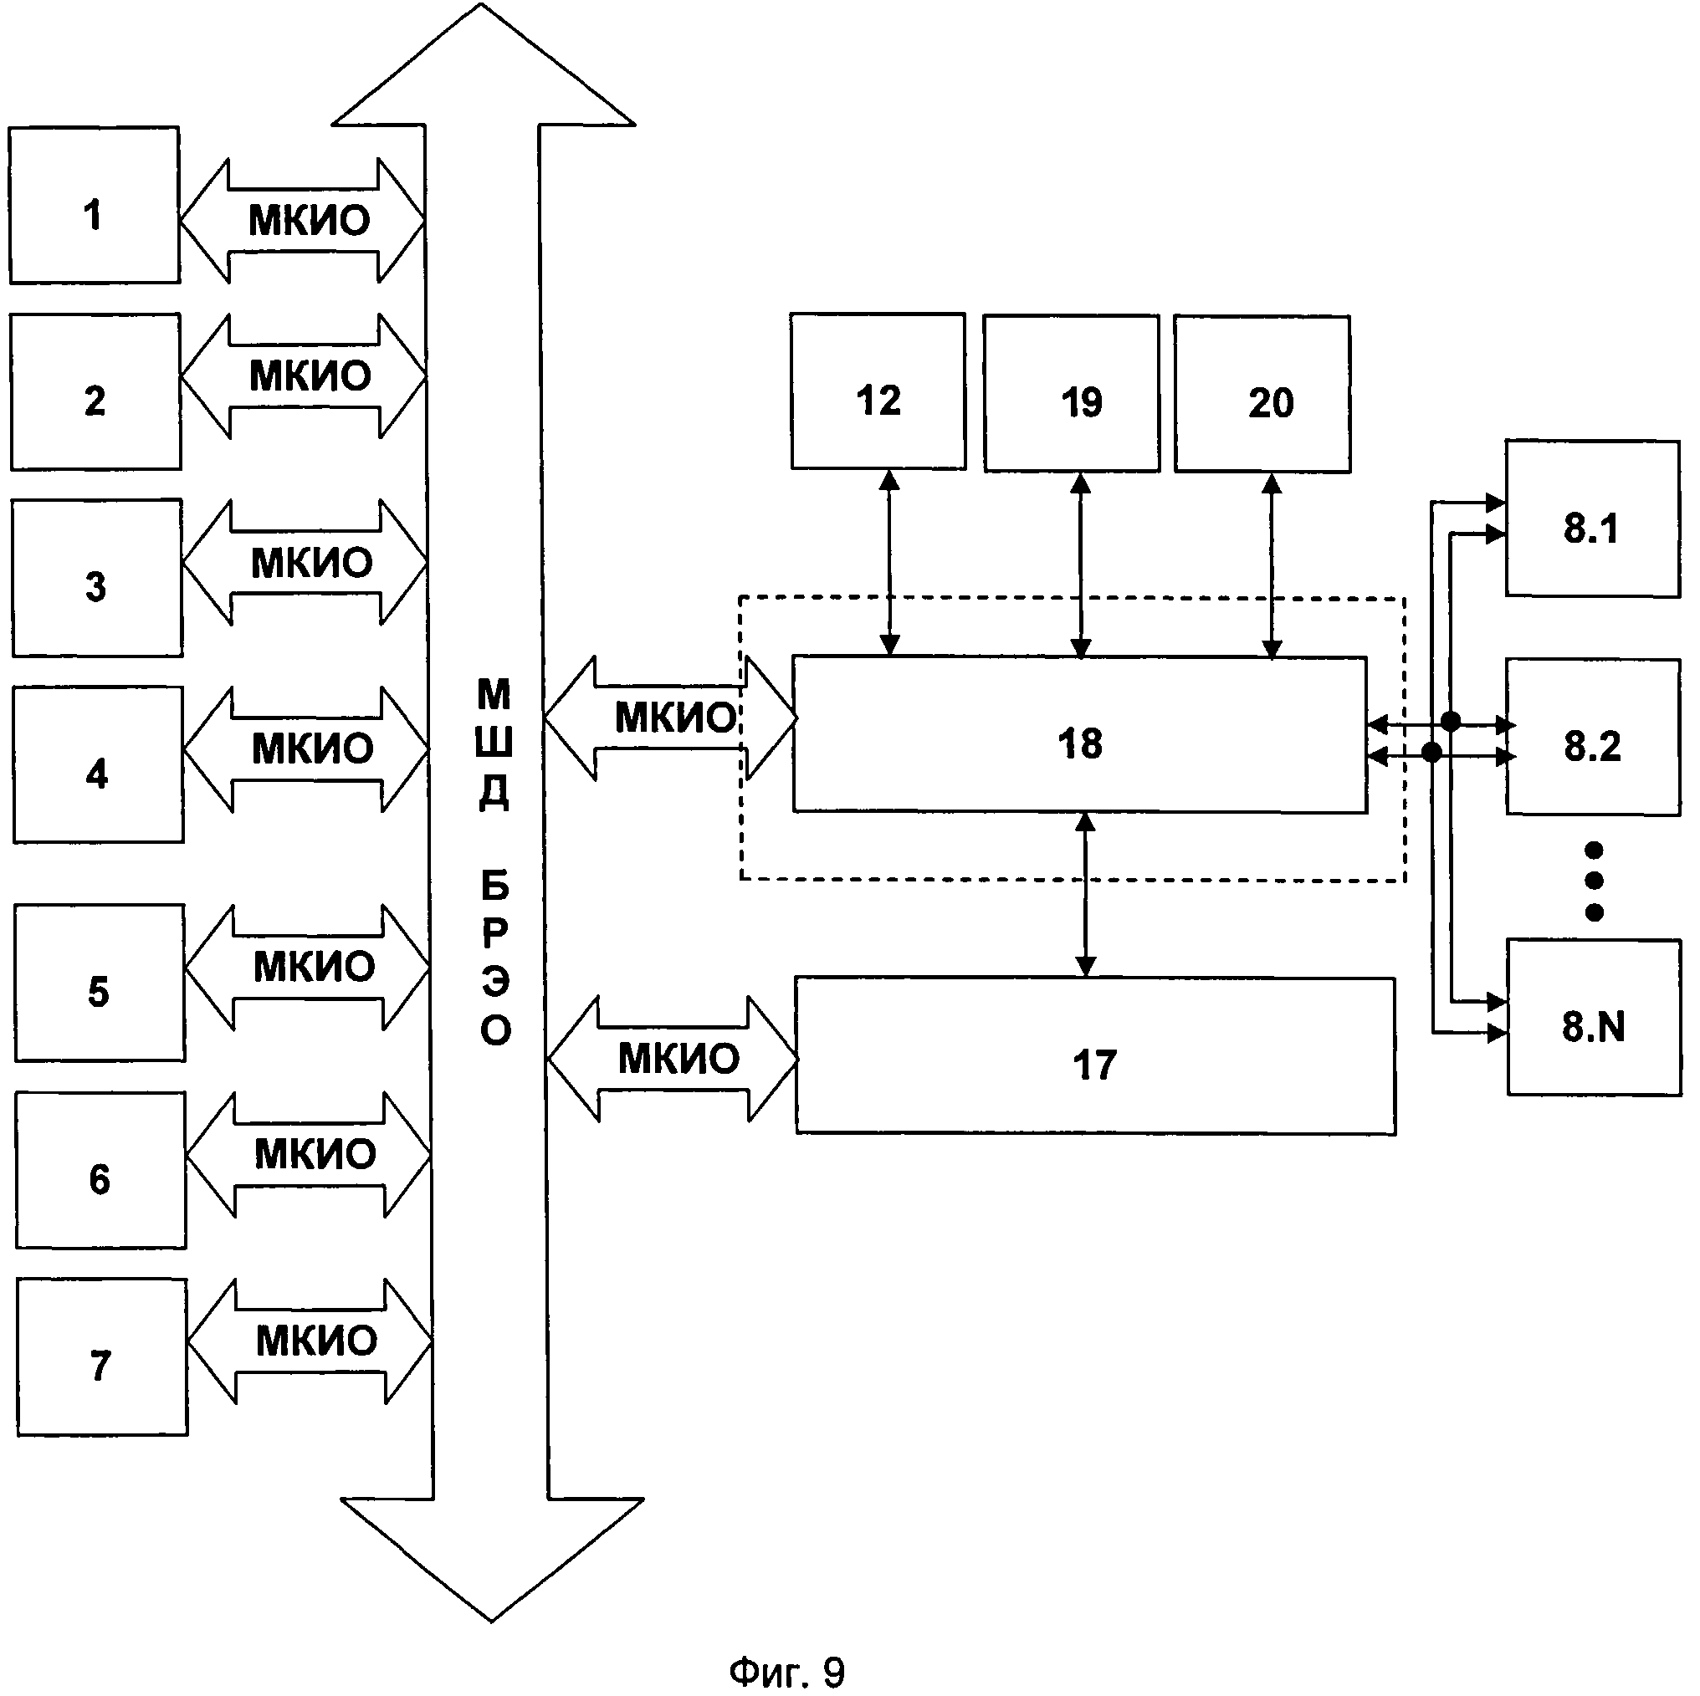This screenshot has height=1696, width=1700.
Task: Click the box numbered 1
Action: coord(95,205)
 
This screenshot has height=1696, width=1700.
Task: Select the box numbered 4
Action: coord(98,765)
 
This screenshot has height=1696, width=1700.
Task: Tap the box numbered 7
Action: coord(102,1357)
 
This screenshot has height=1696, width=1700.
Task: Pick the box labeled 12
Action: coord(878,391)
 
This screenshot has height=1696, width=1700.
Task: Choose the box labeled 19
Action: coord(1071,393)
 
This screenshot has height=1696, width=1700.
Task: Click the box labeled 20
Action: coord(1262,394)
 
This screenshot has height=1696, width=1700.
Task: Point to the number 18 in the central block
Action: coord(1080,744)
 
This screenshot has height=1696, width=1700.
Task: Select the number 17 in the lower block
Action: coord(1094,1065)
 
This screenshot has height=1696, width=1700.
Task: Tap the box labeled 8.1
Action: coord(1593,519)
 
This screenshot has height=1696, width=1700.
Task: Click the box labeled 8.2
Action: coord(1593,737)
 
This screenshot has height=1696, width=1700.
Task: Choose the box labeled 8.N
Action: coord(1594,1018)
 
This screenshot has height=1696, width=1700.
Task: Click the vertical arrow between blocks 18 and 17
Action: coord(1086,895)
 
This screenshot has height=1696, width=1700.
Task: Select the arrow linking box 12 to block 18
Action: coord(889,563)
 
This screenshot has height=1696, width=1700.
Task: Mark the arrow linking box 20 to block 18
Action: coord(1272,565)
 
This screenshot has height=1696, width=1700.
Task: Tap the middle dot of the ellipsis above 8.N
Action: coord(1594,881)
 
